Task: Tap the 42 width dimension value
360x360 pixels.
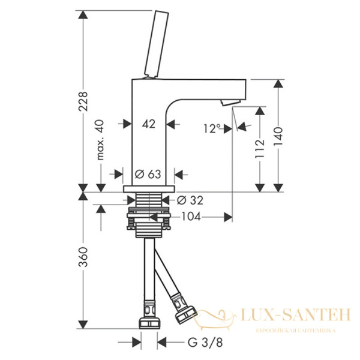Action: tap(149, 124)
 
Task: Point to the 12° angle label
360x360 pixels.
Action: tap(212, 128)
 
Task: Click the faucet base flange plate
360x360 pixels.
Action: tap(146, 190)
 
